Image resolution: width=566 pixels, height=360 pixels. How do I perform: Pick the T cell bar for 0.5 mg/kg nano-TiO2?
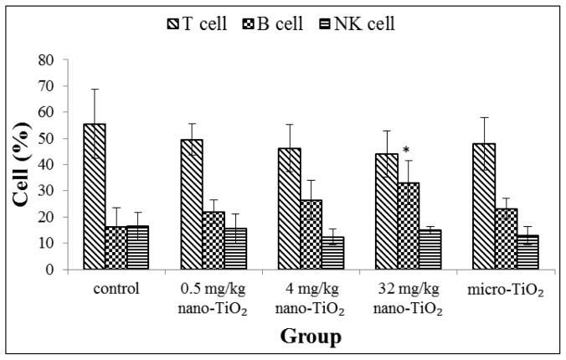click(x=193, y=204)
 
